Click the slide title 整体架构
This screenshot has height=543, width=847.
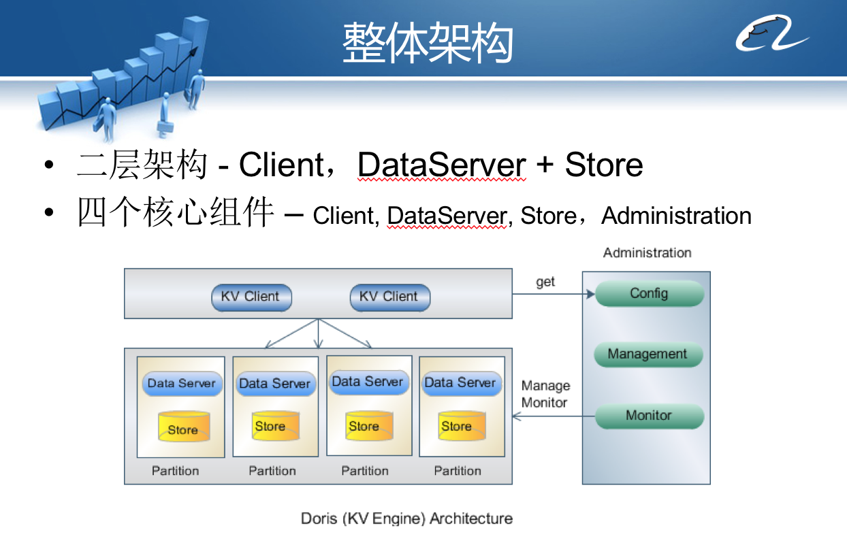pos(427,42)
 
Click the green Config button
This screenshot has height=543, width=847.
pos(649,294)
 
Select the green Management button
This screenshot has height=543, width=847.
pos(647,355)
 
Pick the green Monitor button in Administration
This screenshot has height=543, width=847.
pos(648,416)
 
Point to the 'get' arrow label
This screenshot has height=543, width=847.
pos(545,282)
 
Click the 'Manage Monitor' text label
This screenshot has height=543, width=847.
pos(545,394)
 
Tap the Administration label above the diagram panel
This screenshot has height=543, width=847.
pos(647,253)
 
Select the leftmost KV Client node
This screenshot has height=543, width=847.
pos(251,297)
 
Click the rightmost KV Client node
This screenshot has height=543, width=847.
pos(389,297)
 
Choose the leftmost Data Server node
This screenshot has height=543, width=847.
pos(181,384)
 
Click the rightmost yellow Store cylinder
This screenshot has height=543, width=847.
pos(461,426)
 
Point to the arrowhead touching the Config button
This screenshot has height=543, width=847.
pos(590,295)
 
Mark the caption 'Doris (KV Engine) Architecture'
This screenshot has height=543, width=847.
pos(406,519)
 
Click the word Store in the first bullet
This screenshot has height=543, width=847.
pos(604,165)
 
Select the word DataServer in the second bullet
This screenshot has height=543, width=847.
pos(447,216)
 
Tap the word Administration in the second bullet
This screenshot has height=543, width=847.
pos(676,216)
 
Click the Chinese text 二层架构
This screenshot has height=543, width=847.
pos(142,165)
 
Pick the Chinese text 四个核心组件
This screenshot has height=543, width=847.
pos(176,215)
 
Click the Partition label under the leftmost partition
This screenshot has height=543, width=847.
pos(176,471)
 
